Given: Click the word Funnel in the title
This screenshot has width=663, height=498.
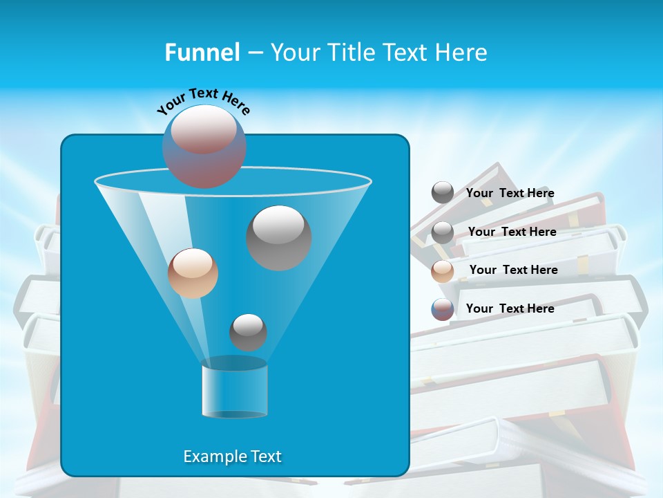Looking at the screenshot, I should pos(202,53).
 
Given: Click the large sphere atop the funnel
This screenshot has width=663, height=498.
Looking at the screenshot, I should pos(204,147).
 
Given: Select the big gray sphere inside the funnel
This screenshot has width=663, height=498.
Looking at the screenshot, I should pos(278,238).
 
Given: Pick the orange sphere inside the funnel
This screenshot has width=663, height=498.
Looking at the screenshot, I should pos(193,273).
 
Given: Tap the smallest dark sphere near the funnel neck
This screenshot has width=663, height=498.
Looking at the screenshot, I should pos(248,332).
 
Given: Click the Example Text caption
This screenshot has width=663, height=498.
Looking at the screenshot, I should pos(233,456).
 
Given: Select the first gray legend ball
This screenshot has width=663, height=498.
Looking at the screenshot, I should pos(443,193).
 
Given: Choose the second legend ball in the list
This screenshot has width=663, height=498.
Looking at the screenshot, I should pos(443,232).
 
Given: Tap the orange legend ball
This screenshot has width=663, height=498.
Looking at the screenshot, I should pos(443,271).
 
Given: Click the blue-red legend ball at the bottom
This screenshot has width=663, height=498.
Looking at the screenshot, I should pos(443,309).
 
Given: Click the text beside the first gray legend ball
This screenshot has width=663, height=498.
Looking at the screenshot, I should pos(510,194).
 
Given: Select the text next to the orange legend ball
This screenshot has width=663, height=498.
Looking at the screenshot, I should pos(513,270).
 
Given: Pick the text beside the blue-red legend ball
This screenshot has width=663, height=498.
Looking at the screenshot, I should pos(510,308).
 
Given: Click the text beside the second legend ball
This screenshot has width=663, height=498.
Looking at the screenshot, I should pos(512,232).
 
